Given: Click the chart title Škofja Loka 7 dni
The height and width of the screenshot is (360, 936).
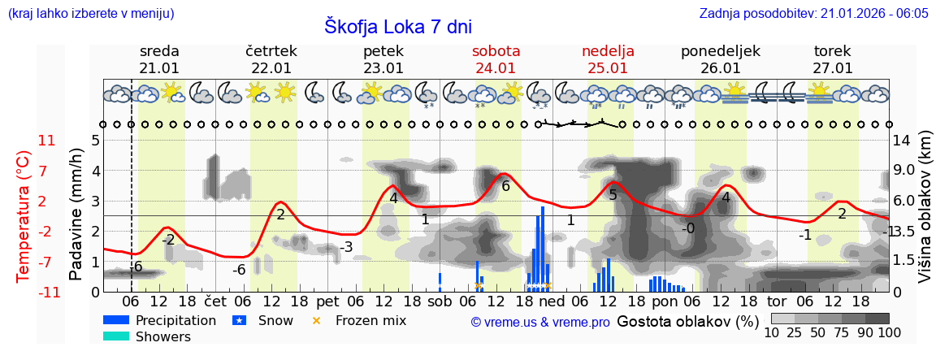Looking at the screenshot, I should pos(397,25).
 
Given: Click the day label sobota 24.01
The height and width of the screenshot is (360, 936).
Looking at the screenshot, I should pos(496,59).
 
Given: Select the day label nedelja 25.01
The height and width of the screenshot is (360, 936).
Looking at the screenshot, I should pos(608,59).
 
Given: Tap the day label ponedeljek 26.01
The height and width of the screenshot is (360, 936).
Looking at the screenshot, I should pos(720,59).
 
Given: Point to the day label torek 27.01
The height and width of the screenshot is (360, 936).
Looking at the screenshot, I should pos(832,59).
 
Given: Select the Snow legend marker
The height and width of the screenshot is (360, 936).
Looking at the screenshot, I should pos(239,320).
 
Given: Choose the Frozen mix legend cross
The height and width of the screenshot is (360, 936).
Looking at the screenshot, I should pos(317,320).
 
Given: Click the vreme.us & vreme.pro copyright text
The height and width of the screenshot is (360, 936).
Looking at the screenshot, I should pos(540,322).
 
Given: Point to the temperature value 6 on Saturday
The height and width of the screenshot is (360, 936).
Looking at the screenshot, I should pos(505,186).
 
